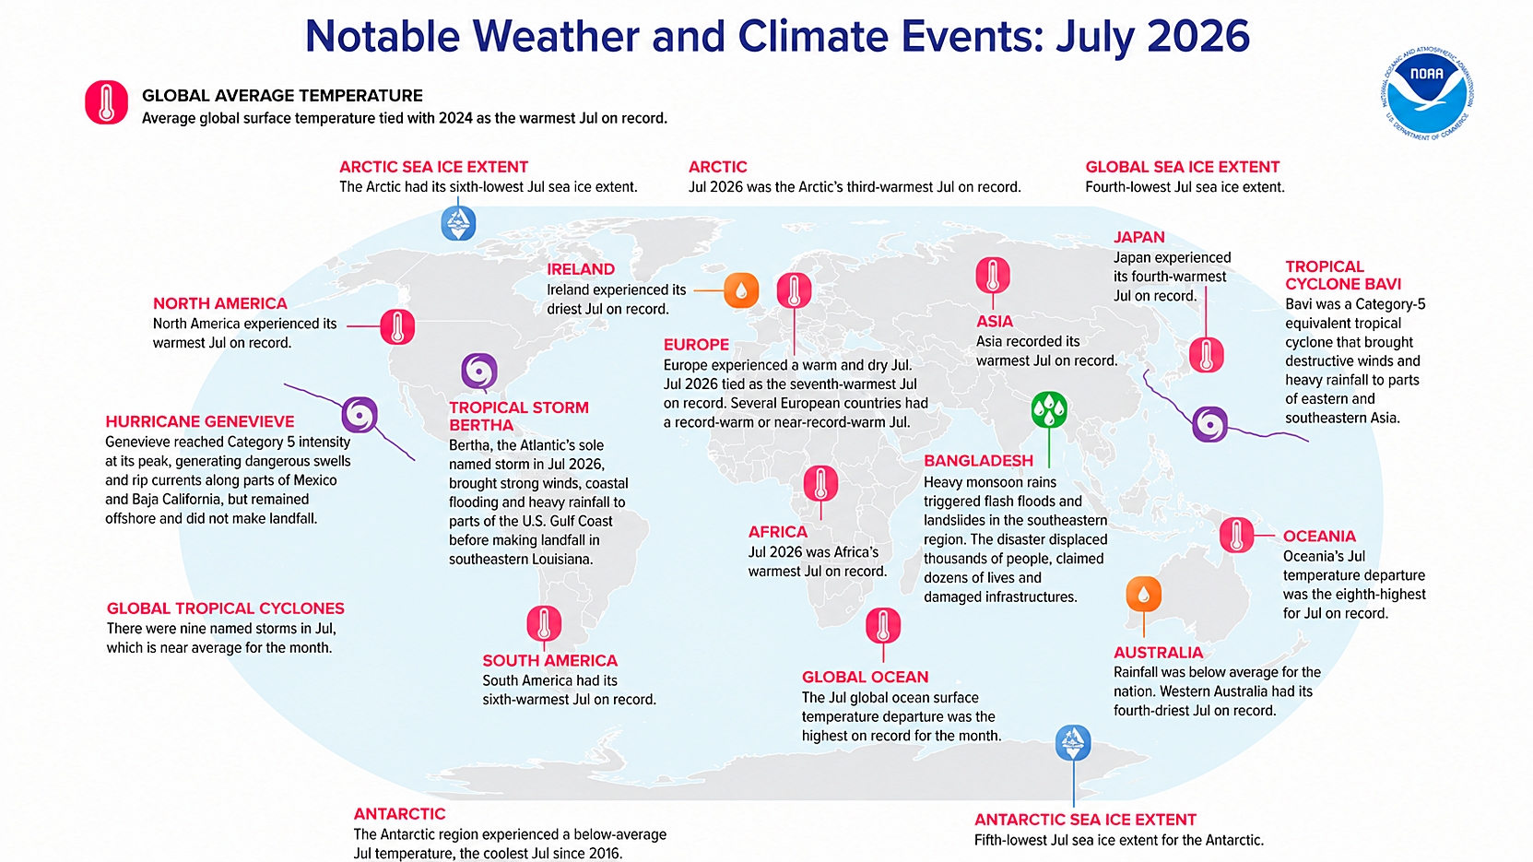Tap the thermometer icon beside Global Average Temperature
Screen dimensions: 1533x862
point(106,102)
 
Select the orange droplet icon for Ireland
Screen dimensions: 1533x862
point(741,290)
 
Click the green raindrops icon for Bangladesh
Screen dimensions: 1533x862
point(1049,409)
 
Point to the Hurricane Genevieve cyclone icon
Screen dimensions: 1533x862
point(360,414)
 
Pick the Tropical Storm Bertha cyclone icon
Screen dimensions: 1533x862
point(479,372)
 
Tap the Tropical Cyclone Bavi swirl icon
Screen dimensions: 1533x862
point(1210,424)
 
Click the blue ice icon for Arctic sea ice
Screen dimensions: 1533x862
point(458,223)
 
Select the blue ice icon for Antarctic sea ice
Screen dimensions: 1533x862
point(1073,743)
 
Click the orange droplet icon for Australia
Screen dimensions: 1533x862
point(1144,594)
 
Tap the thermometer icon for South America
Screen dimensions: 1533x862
point(544,624)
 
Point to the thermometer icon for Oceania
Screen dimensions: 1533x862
point(1237,535)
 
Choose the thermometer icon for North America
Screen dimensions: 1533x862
point(397,326)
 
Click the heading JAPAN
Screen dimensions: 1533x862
point(1138,238)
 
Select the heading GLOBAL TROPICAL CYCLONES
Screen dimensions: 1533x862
point(226,608)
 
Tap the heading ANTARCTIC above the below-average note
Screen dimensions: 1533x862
point(400,814)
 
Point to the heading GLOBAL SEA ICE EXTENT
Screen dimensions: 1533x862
point(1183,167)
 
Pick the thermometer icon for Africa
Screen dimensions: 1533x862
point(820,483)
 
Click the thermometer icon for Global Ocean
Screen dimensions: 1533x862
point(883,626)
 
